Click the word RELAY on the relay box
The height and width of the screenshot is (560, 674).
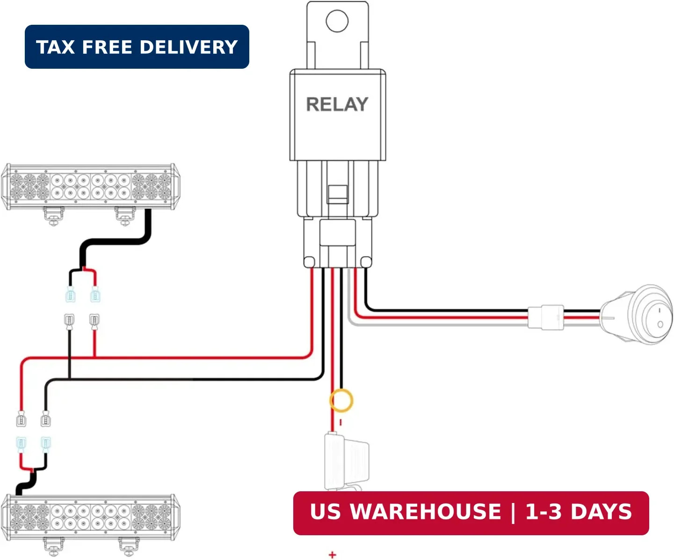click(x=337, y=105)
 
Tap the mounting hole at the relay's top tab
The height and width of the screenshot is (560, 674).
click(x=337, y=21)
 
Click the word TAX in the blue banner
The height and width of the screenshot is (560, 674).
click(x=55, y=47)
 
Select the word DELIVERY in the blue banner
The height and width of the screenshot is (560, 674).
click(x=189, y=47)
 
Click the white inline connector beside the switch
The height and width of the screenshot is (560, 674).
click(x=546, y=317)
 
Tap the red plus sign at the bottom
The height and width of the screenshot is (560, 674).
click(x=333, y=555)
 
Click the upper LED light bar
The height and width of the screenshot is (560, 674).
click(x=90, y=187)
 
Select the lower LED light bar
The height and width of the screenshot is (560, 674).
click(x=90, y=518)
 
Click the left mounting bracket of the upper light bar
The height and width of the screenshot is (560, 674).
click(x=54, y=216)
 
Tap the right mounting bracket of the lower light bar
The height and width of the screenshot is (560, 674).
click(x=129, y=547)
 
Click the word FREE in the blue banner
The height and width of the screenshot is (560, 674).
click(x=107, y=47)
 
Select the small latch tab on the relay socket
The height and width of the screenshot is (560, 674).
click(x=338, y=194)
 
